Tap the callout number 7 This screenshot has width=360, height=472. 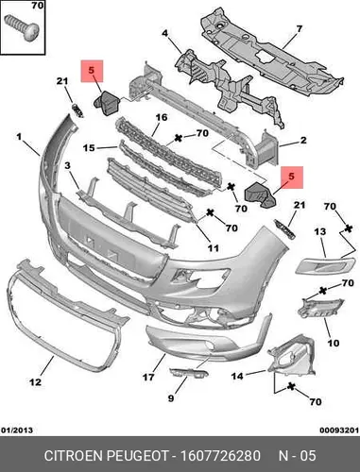coord(299,29)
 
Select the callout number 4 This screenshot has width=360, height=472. coord(165,33)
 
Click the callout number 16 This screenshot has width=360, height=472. coord(162,117)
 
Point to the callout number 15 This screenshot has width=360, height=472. coord(89,147)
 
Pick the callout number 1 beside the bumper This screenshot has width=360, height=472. coord(19,137)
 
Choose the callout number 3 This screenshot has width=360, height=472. coord(68,165)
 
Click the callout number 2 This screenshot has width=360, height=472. coord(303,140)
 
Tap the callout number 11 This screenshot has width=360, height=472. coord(214,248)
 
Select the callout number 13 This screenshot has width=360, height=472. coord(320,232)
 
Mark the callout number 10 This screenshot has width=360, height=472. coord(333,343)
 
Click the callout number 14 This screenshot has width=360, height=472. coord(237,376)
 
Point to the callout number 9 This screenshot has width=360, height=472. coord(171,398)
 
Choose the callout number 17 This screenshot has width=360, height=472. coord(148,377)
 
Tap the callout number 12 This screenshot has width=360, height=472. coord(35,382)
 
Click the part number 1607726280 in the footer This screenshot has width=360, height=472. coord(220,456)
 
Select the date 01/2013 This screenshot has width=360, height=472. coord(17,430)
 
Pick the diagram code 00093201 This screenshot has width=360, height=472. coord(339,430)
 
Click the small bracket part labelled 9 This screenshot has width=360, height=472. coord(188,373)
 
